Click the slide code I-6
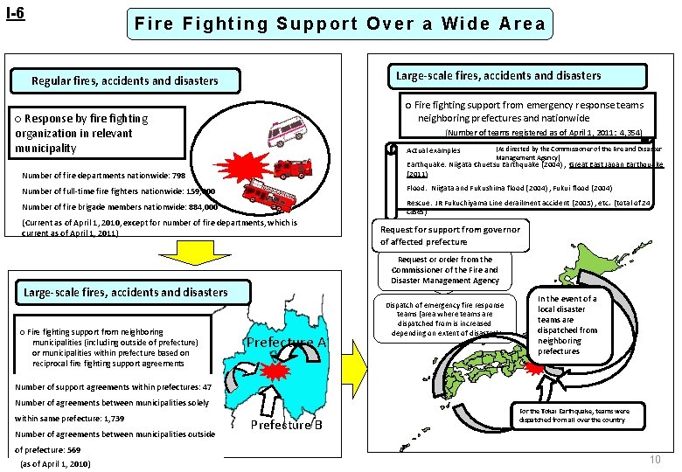(x=15, y=15)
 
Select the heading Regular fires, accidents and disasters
(x=125, y=80)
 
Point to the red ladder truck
(x=267, y=192)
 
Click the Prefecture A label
(x=285, y=343)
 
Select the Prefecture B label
(x=287, y=426)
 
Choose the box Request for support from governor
(x=449, y=235)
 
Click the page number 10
(x=655, y=460)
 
